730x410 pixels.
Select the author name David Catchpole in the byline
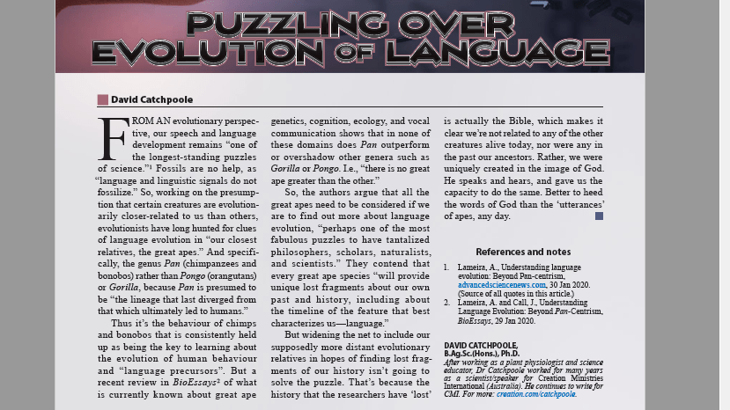click(x=152, y=99)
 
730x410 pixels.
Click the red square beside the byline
click(x=103, y=99)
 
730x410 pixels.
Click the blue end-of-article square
click(x=599, y=216)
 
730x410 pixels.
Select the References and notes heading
click(x=523, y=252)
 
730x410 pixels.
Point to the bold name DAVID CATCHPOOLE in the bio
click(x=481, y=346)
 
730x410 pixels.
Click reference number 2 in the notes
click(x=446, y=302)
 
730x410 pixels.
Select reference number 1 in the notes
click(x=446, y=267)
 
